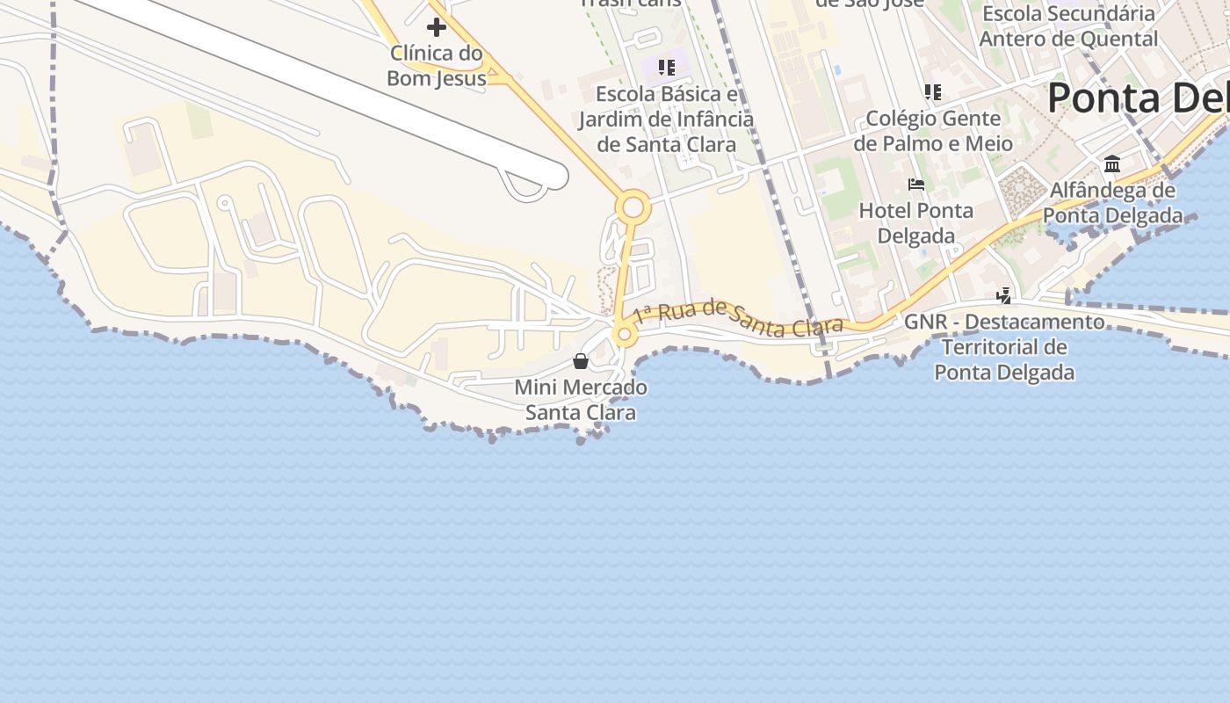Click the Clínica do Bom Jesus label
click(437, 66)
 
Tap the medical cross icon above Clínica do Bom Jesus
click(437, 27)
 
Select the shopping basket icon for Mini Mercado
click(581, 361)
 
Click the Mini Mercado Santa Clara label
click(581, 400)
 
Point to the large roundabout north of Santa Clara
click(633, 209)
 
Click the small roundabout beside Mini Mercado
click(625, 334)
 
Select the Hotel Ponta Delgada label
click(916, 223)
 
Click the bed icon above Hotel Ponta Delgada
click(916, 185)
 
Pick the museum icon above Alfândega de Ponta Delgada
click(1112, 164)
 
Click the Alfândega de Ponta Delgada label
click(1112, 203)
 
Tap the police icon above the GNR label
click(1004, 296)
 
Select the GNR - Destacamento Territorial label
click(1004, 347)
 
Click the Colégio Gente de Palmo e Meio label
click(933, 131)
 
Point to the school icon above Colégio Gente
click(933, 92)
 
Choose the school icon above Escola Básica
click(666, 67)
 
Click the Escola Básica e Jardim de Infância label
click(666, 120)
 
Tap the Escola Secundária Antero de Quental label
click(1068, 26)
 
